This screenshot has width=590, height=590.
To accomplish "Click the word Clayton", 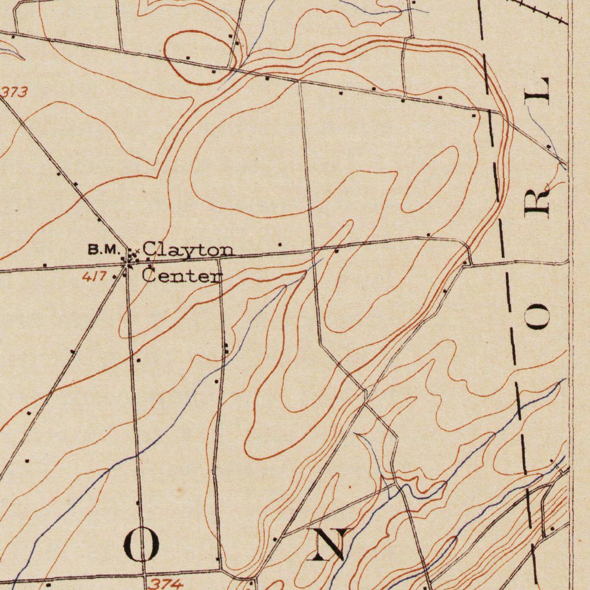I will pyautogui.click(x=188, y=250).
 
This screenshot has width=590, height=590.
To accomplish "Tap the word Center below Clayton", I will pyautogui.click(x=182, y=275).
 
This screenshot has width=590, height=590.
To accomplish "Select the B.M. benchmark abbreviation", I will pyautogui.click(x=103, y=249).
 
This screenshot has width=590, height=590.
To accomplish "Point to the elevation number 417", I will pyautogui.click(x=94, y=277).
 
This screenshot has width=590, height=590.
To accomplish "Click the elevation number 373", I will pyautogui.click(x=14, y=92).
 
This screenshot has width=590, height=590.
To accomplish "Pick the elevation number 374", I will pyautogui.click(x=167, y=584).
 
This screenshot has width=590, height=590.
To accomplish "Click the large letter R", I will pyautogui.click(x=537, y=201).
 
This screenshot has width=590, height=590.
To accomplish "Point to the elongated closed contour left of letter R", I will pyautogui.click(x=430, y=179).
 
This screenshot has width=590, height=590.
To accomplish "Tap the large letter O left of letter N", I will pyautogui.click(x=142, y=545).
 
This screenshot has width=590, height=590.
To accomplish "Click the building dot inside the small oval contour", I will pyautogui.click(x=188, y=58).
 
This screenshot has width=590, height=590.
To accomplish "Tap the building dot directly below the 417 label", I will pyautogui.click(x=115, y=277).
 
